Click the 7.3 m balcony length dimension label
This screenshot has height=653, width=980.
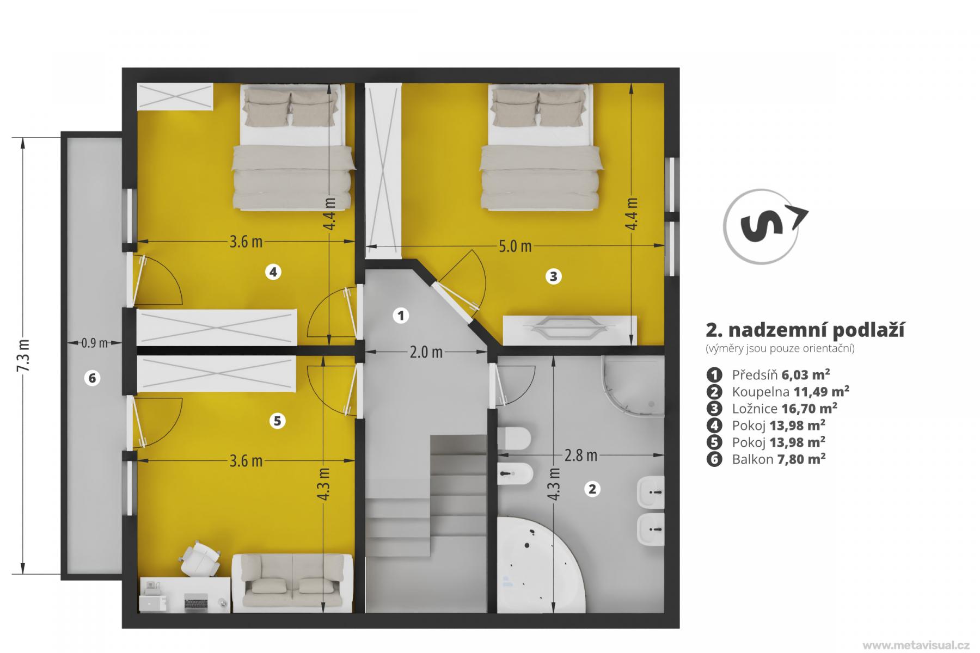(x=23, y=356)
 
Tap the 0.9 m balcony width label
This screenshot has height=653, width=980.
(x=94, y=343)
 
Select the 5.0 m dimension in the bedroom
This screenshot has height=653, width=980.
(x=515, y=247)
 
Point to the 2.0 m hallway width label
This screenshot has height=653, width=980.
(x=426, y=353)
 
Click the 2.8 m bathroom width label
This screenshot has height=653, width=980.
(x=580, y=455)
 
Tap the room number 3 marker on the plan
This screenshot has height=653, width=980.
(x=553, y=276)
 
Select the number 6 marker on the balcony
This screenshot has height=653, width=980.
(x=92, y=378)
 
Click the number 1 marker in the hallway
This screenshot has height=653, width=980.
(x=401, y=315)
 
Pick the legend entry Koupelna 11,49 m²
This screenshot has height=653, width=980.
(x=777, y=391)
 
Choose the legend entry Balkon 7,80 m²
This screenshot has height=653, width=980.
(x=766, y=459)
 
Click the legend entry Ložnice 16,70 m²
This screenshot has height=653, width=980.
(x=771, y=408)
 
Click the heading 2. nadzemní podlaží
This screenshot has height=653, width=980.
(x=805, y=330)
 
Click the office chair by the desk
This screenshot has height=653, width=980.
(x=199, y=558)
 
